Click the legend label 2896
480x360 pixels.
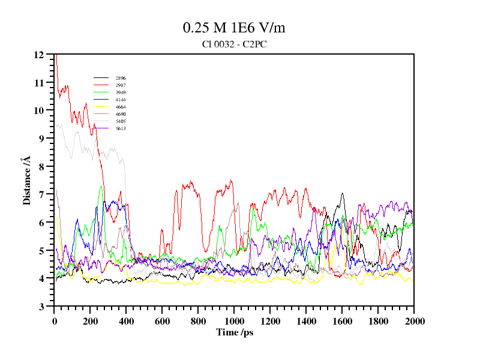(121, 78)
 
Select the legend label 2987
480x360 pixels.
(121, 85)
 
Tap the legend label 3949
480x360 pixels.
(121, 92)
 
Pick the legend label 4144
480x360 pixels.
(121, 100)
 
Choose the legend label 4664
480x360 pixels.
(121, 107)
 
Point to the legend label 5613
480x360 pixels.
(121, 128)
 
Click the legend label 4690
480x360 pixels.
(121, 114)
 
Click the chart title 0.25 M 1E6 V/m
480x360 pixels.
(234, 28)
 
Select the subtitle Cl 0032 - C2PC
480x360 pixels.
(235, 44)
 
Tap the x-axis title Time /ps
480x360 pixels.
(235, 332)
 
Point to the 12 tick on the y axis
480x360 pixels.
(39, 55)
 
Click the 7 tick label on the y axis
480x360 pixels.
(41, 194)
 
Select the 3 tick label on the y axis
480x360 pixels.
(41, 307)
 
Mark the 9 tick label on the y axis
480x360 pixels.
(41, 139)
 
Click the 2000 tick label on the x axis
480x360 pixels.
(414, 321)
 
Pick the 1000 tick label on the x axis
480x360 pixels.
(234, 321)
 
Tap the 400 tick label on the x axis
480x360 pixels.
(127, 321)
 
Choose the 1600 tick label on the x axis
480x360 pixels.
(342, 321)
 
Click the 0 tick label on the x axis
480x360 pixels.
(55, 321)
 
